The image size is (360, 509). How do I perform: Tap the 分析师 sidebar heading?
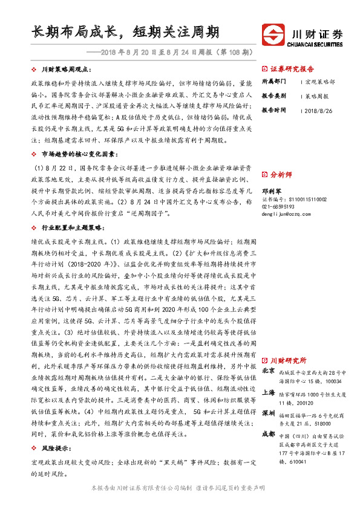(x=281, y=175)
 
